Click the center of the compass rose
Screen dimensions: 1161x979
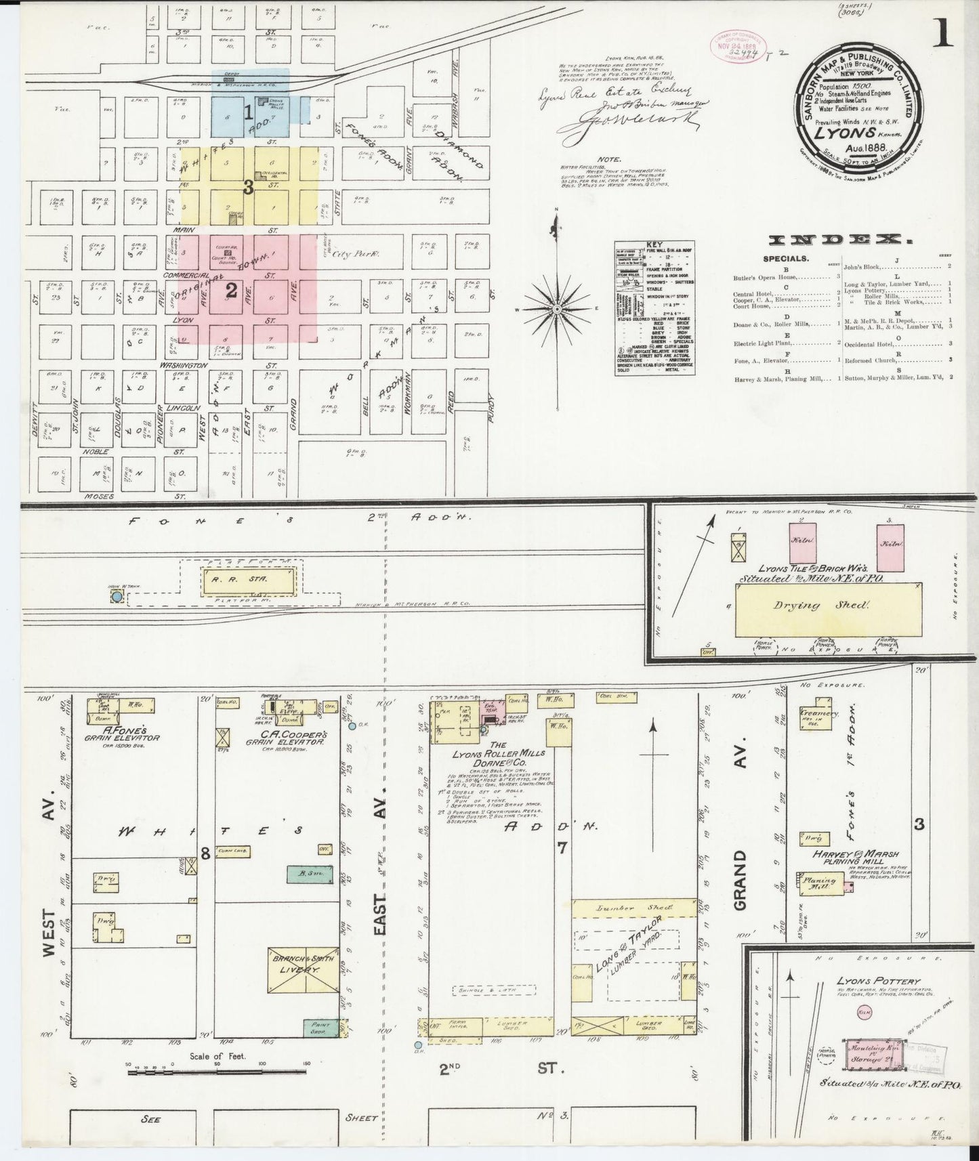tap(556, 308)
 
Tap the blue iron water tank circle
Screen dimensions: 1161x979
tap(117, 597)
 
